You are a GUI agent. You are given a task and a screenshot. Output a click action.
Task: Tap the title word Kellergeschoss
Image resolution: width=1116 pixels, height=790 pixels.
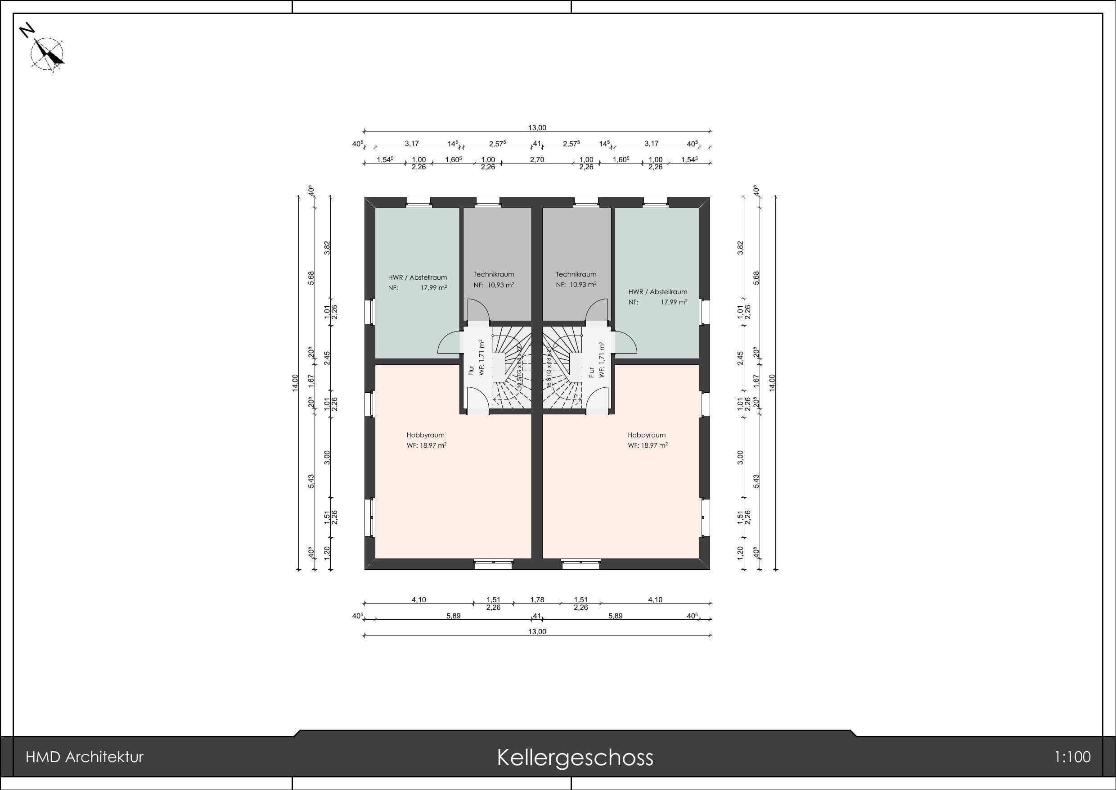tap(575, 758)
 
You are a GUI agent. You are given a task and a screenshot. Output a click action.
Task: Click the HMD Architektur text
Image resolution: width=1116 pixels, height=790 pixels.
tap(85, 758)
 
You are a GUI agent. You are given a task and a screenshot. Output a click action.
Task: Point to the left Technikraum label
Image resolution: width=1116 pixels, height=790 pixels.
tap(493, 274)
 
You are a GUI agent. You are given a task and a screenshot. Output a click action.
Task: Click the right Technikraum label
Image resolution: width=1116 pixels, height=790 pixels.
tap(576, 274)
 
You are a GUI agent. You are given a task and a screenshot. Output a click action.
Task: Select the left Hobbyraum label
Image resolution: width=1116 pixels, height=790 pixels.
tap(425, 436)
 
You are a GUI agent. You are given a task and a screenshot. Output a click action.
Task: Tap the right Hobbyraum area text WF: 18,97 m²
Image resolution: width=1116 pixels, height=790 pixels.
tap(647, 445)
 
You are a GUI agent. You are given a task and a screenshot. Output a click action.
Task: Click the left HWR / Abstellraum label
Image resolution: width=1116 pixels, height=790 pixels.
tap(417, 278)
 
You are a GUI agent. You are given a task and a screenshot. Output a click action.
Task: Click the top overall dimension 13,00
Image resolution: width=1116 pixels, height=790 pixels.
tap(537, 128)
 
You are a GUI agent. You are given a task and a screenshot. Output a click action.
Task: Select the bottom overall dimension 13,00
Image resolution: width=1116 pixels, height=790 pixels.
tap(537, 632)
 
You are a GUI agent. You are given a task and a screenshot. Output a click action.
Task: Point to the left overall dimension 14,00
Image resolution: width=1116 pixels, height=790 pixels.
tap(295, 383)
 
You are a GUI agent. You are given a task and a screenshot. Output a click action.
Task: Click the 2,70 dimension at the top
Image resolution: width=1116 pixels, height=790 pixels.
tap(537, 159)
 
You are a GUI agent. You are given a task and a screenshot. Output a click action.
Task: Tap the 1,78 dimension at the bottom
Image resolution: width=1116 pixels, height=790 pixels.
tap(537, 600)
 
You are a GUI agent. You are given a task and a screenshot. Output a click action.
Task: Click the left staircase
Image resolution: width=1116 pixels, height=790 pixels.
tap(510, 367)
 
